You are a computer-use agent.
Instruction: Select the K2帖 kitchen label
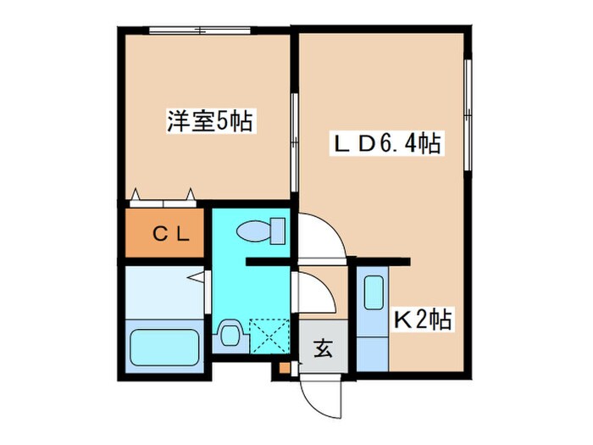tap(421, 320)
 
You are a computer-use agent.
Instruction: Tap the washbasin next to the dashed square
tap(229, 335)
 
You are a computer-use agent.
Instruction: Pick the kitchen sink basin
tap(371, 293)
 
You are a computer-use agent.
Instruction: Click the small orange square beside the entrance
tap(284, 369)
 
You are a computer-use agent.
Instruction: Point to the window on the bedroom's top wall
tap(200, 31)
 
